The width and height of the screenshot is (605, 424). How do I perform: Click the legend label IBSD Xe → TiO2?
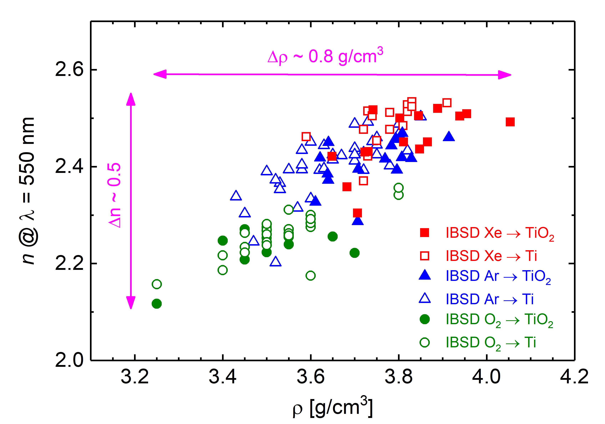click(500, 233)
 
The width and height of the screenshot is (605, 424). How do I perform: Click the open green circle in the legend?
click(425, 342)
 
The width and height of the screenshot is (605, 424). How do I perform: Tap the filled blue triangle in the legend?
click(425, 276)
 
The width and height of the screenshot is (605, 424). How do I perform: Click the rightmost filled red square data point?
click(510, 122)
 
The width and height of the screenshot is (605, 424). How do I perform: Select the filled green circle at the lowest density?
click(157, 304)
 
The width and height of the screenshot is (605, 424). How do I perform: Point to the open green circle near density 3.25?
click(157, 284)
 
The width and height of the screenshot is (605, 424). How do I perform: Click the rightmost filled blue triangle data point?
click(449, 137)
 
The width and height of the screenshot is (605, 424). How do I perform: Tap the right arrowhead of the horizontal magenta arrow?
click(504, 75)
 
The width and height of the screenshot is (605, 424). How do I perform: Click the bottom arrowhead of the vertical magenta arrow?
click(131, 302)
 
